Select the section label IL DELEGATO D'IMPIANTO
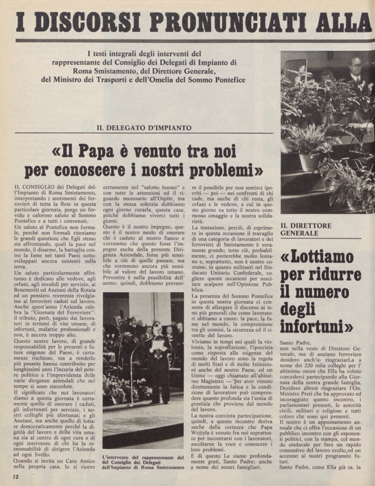click(x=144, y=128)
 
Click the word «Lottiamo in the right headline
click(x=317, y=257)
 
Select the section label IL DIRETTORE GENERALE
click(x=306, y=229)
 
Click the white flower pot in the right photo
click(x=309, y=162)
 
